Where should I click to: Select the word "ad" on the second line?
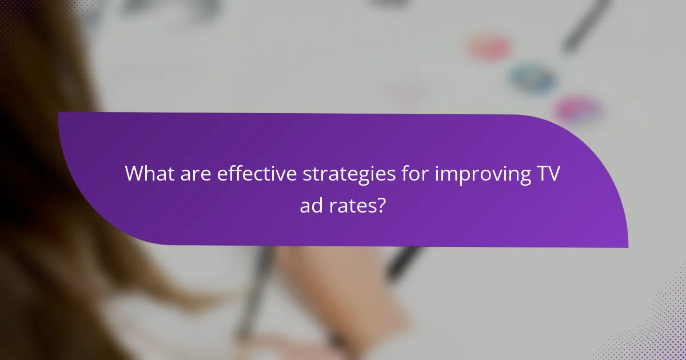point(312,205)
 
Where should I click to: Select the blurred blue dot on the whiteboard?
point(532,77)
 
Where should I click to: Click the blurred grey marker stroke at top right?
point(586,26)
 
